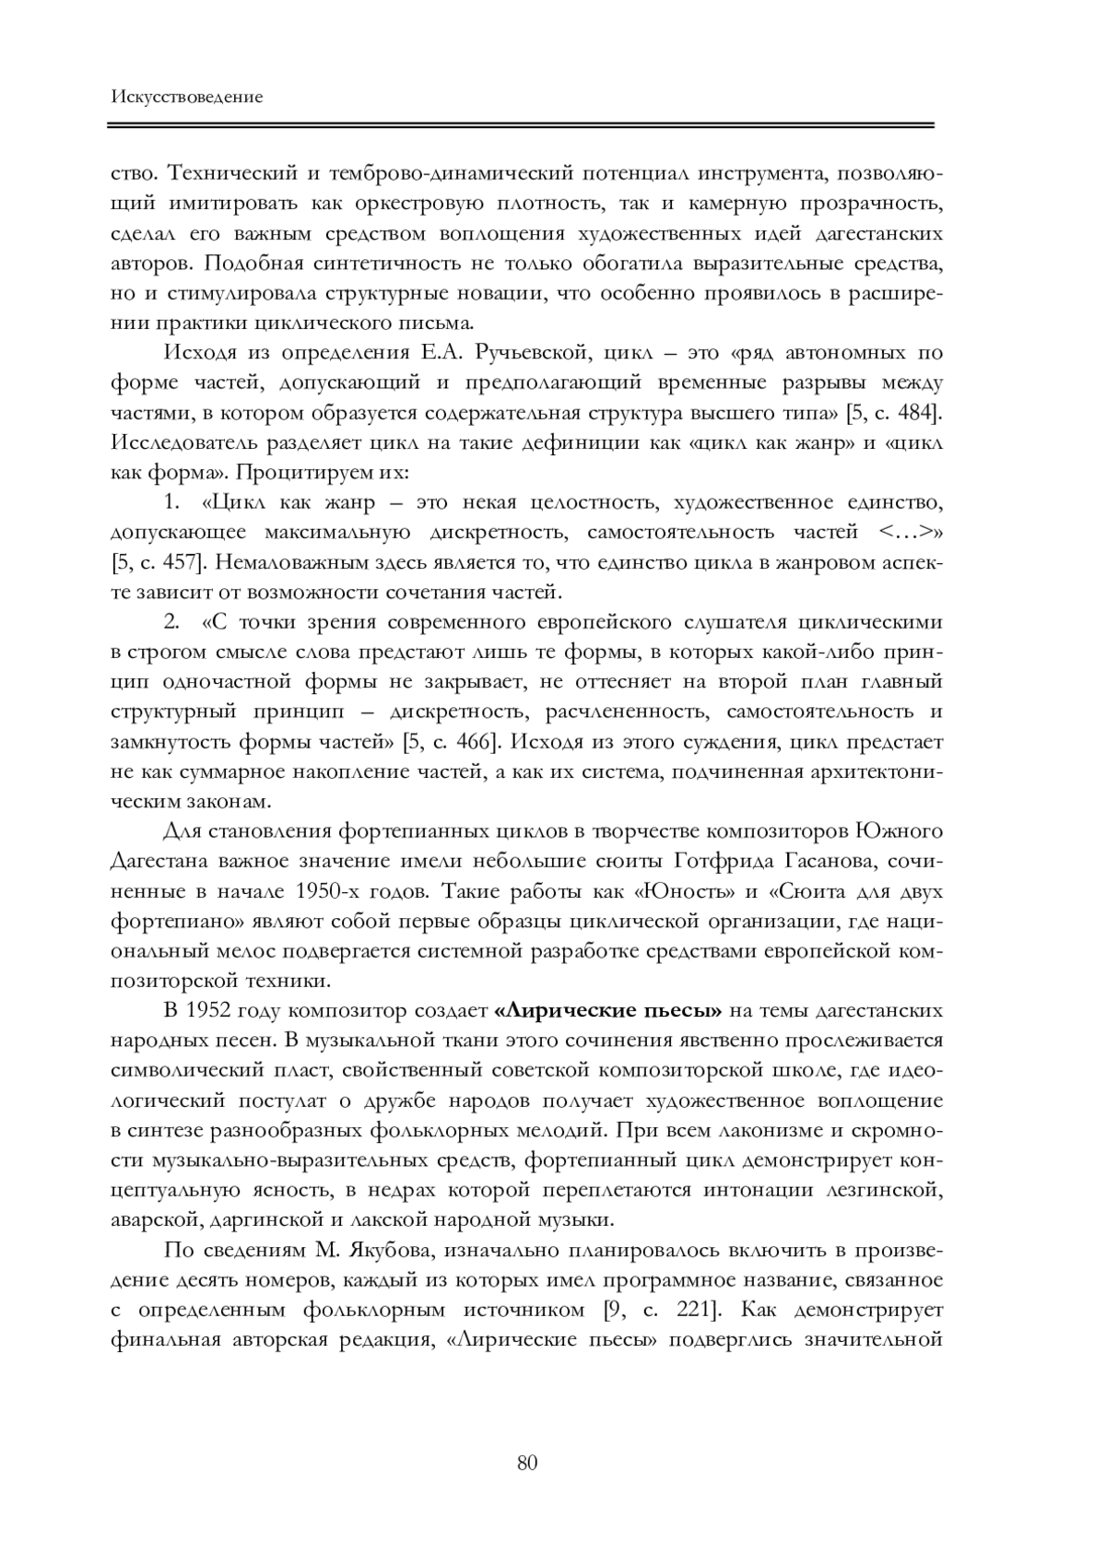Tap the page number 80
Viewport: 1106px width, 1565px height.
pos(527,1463)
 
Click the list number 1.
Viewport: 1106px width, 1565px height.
pos(171,503)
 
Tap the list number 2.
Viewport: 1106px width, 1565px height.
pos(171,622)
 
